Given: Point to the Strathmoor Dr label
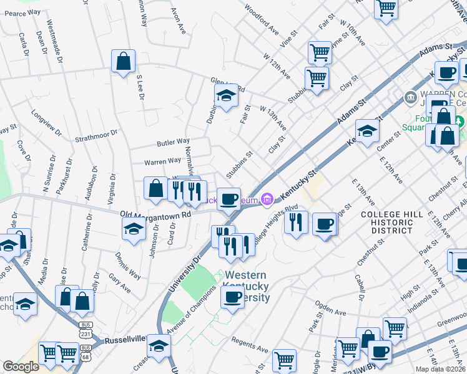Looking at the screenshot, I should (96, 135).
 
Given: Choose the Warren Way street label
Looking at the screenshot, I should (162, 161).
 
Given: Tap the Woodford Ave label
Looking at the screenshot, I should (262, 20).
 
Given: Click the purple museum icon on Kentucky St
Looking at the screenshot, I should (267, 199).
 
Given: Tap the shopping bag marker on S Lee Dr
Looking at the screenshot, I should (124, 61).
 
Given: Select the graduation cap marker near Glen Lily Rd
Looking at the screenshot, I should (226, 95).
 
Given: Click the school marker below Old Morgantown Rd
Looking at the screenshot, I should (134, 229).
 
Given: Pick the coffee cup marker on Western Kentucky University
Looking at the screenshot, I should (232, 296).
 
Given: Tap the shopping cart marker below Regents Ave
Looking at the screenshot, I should (284, 359).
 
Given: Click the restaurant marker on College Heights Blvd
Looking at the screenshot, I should (296, 222).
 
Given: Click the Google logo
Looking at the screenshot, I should (21, 367).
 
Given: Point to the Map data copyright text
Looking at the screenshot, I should (440, 369).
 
